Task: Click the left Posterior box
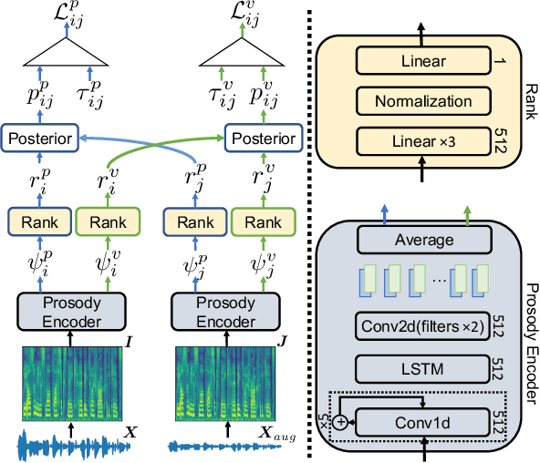click(41, 139)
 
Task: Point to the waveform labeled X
click(68, 446)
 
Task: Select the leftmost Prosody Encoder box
click(71, 311)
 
